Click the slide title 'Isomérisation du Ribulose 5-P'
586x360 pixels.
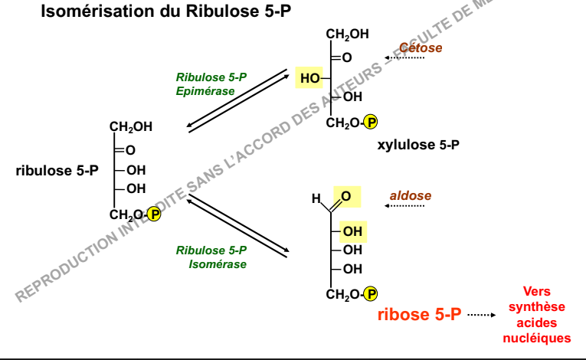pos(166,11)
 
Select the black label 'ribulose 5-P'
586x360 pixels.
pos(57,171)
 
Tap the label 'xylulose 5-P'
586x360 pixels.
pos(418,145)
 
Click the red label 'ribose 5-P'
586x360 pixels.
pos(419,314)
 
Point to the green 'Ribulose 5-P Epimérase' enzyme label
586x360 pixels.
pos(211,84)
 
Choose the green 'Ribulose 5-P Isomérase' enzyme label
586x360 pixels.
pos(211,257)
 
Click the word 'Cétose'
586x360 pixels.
pos(421,47)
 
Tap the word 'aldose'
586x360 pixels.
pos(411,195)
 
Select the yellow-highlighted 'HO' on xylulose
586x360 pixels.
pos(309,78)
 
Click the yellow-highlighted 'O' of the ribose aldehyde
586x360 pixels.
pos(346,196)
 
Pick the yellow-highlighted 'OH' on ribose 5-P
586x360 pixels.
pos(352,232)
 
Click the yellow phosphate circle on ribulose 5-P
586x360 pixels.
pos(154,214)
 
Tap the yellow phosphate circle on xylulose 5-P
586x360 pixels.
pos(370,123)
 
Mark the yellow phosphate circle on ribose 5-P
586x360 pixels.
pos(370,294)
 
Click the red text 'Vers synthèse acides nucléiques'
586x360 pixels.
pos(537,315)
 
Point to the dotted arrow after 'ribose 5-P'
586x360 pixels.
pos(482,315)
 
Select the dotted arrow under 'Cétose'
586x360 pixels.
pos(404,58)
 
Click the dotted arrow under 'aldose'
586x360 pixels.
pos(404,206)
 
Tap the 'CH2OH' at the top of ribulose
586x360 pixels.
pos(131,127)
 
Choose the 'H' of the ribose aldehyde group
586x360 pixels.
pos(316,198)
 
